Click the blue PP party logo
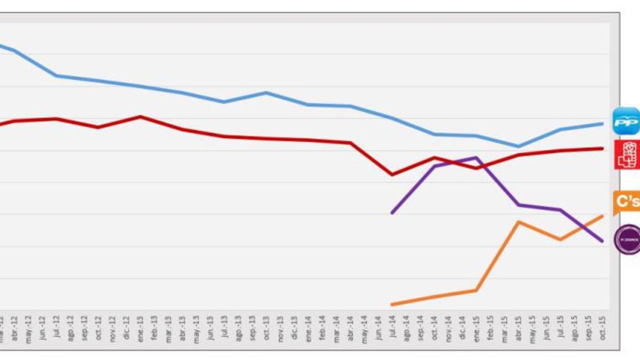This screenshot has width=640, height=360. pyautogui.click(x=626, y=121)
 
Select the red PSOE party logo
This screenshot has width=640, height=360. pyautogui.click(x=627, y=155)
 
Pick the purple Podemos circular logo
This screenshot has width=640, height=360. pyautogui.click(x=627, y=239)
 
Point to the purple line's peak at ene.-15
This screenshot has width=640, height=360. pyautogui.click(x=476, y=157)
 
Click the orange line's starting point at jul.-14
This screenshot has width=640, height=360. pyautogui.click(x=393, y=305)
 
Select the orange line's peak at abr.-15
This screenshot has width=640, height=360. pyautogui.click(x=518, y=221)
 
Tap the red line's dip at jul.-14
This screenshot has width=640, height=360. pyautogui.click(x=393, y=174)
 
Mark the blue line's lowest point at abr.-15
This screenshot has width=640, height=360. pyautogui.click(x=518, y=146)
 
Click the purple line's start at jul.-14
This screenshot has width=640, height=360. pyautogui.click(x=393, y=213)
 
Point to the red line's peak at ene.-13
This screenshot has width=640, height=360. pyautogui.click(x=140, y=116)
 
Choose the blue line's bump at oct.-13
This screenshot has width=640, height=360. pyautogui.click(x=266, y=92)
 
